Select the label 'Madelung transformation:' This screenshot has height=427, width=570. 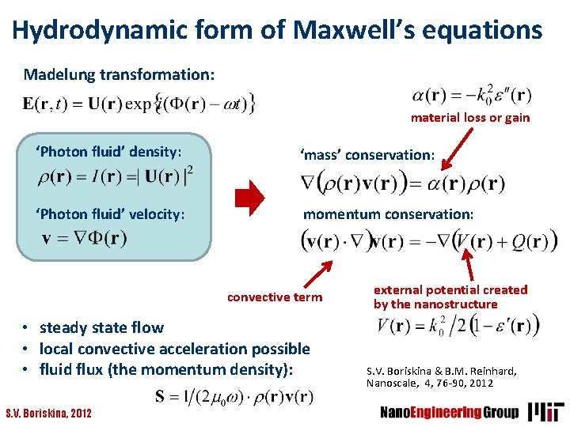click(119, 75)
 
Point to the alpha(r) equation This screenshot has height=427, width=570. click(472, 96)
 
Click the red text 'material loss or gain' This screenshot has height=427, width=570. click(469, 118)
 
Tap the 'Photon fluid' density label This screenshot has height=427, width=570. click(109, 151)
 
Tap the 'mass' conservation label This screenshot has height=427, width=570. click(367, 154)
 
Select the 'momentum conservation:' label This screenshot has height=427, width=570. click(389, 214)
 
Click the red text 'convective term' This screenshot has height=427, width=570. click(275, 297)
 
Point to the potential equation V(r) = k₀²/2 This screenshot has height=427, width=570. click(458, 325)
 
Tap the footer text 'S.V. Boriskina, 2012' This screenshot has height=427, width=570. click(48, 413)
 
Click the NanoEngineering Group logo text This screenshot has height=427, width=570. click(449, 412)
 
